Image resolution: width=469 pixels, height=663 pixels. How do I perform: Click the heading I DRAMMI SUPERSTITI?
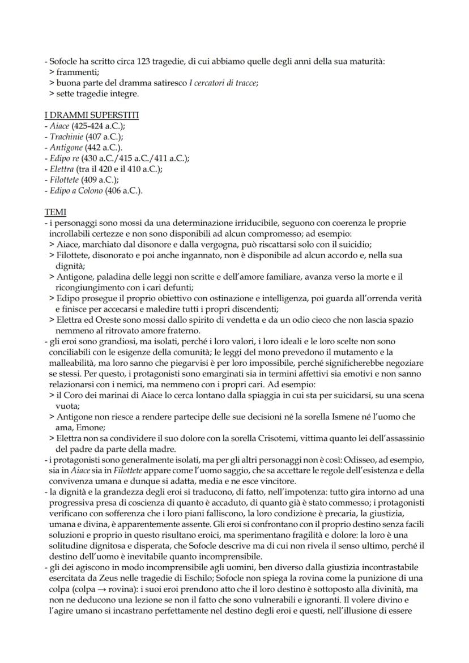92,116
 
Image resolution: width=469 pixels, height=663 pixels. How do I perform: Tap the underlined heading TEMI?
55,212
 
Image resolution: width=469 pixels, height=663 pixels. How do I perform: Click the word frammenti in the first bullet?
77,72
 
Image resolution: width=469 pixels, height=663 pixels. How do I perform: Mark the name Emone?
83,427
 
